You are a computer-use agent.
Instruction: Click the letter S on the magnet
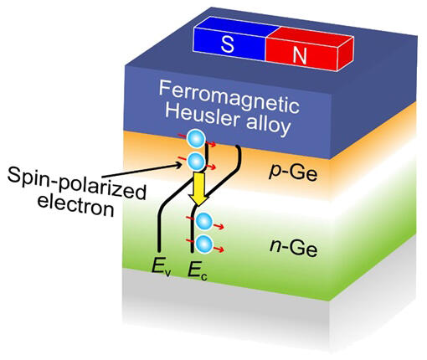point(228,44)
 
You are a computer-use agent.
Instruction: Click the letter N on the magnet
point(300,54)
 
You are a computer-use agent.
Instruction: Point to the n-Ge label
point(294,247)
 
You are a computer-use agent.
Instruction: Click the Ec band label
point(198,270)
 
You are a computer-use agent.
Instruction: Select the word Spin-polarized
point(76,182)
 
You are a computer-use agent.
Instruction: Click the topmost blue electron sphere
point(196,139)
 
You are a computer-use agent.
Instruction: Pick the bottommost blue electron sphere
point(204,244)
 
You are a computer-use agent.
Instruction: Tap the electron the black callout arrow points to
point(196,162)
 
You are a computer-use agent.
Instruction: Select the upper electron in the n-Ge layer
point(204,222)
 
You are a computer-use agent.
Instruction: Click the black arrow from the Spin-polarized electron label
point(141,170)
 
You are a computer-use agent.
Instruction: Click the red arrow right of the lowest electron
point(219,249)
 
